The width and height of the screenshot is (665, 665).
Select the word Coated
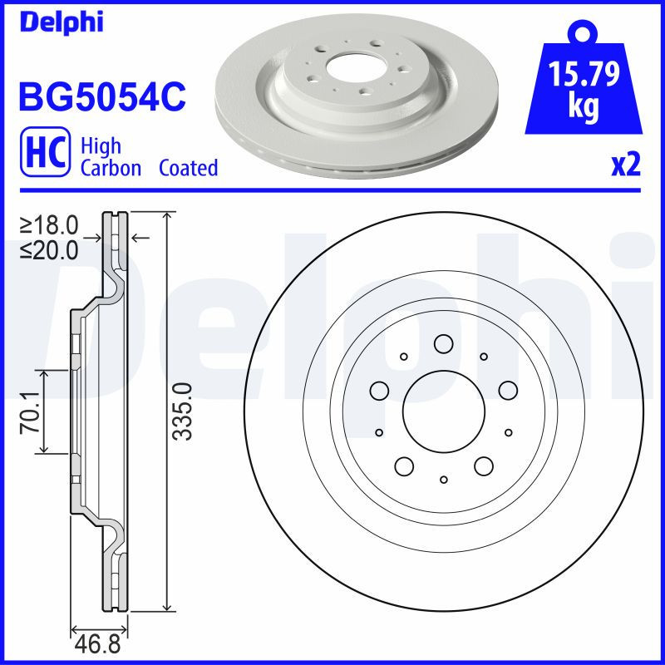[188, 169]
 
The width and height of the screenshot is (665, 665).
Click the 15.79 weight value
[585, 76]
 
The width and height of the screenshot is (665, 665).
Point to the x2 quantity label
[625, 165]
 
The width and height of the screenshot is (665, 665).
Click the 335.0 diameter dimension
[185, 411]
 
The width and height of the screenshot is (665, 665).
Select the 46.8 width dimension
[96, 646]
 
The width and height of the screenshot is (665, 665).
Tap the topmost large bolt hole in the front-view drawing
[443, 343]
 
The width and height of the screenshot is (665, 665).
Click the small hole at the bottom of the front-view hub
[444, 480]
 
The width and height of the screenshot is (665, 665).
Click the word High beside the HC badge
[101, 146]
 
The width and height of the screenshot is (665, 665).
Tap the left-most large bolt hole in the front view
[380, 389]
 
